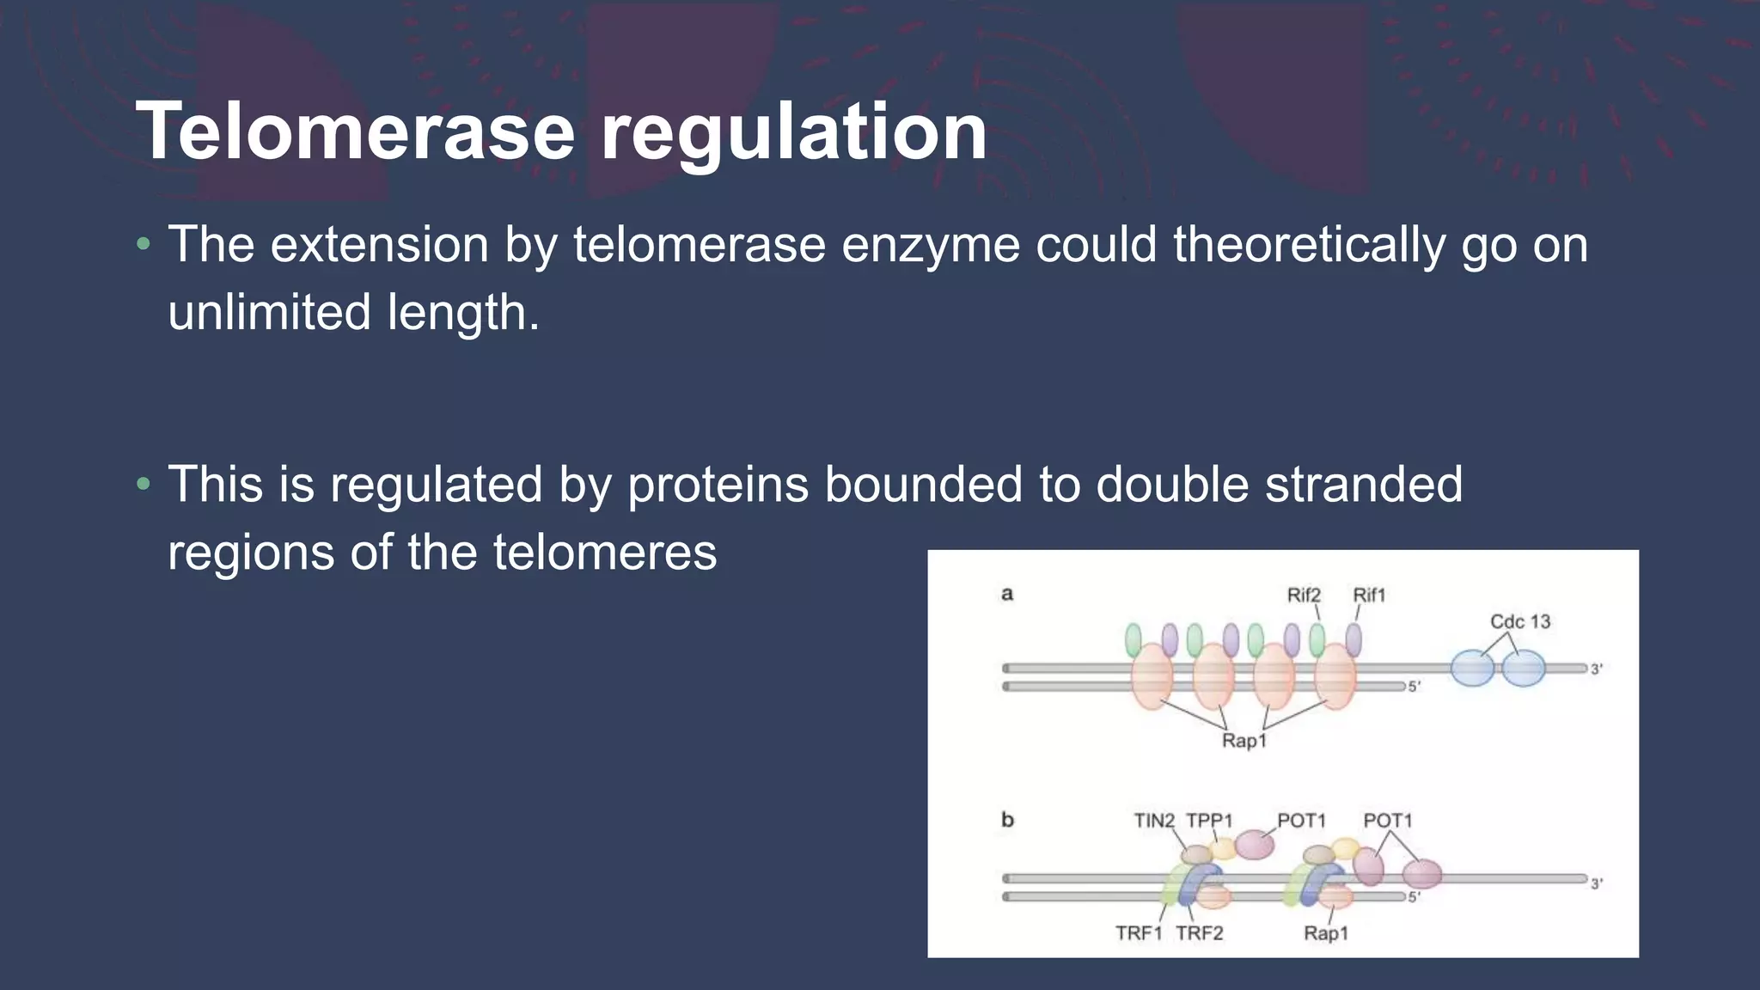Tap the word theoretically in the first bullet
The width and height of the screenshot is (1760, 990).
pos(1309,245)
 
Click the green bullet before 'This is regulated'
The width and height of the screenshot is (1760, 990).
pos(144,485)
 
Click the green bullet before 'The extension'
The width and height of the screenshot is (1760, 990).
pos(144,245)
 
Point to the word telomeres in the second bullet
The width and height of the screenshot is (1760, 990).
pos(604,552)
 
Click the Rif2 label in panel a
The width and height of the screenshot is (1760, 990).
pos(1303,595)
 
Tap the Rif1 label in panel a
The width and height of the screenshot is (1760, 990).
pos(1369,595)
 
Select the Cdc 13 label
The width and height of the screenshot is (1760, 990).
pos(1519,621)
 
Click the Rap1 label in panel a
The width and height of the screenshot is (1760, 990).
pos(1244,741)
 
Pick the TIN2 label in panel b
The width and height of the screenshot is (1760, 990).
pos(1153,821)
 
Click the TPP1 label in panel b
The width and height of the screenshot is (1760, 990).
pos(1209,821)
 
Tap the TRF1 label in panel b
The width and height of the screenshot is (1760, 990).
pos(1139,933)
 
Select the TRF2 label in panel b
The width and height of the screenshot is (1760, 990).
pos(1199,933)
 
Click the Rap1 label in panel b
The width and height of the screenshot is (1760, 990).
pos(1325,933)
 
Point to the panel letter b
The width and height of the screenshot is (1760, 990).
pos(1007,820)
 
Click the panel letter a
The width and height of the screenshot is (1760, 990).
pos(1007,594)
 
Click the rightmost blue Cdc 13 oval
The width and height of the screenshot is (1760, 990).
pos(1524,669)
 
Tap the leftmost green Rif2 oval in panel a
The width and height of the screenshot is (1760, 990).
pos(1134,640)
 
